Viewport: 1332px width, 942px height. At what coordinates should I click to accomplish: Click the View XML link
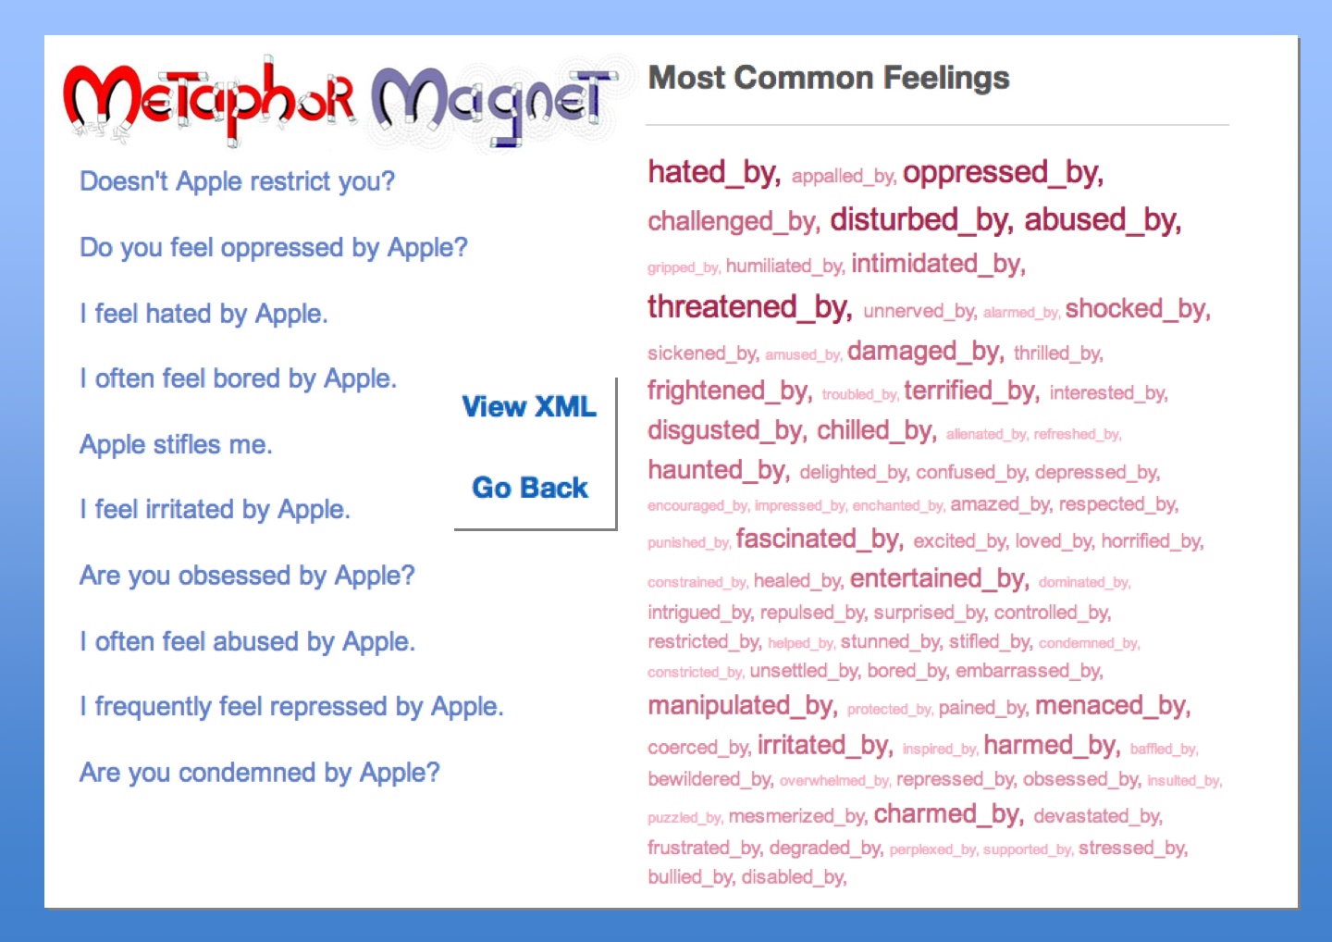click(x=529, y=407)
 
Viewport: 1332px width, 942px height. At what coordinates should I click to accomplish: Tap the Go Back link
click(x=530, y=487)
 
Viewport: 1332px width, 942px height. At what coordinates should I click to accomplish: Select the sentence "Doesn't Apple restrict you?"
click(x=237, y=181)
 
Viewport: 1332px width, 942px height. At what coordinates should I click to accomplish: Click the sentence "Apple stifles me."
click(x=176, y=444)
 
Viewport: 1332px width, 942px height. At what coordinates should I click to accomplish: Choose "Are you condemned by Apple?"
click(x=259, y=773)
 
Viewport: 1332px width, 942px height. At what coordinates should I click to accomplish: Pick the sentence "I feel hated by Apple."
click(x=203, y=314)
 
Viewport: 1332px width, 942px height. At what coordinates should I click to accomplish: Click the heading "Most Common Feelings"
click(x=829, y=78)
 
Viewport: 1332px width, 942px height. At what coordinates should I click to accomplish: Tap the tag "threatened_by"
click(x=750, y=307)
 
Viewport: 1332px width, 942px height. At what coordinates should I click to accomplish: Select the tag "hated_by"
click(x=714, y=172)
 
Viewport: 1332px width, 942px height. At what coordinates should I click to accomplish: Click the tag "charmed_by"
click(x=948, y=814)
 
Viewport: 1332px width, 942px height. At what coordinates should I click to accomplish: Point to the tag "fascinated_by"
click(x=820, y=539)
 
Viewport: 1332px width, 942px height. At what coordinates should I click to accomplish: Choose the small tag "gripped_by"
click(x=684, y=267)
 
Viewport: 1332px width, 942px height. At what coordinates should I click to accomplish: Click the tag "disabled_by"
click(x=794, y=877)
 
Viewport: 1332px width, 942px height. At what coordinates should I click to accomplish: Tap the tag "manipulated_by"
click(x=743, y=706)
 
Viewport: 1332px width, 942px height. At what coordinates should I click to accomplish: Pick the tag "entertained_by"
click(x=940, y=578)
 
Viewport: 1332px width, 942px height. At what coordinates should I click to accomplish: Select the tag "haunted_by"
click(x=719, y=470)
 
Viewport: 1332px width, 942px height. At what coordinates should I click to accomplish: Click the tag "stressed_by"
click(x=1133, y=848)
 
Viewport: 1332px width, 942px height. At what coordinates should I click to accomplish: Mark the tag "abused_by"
click(x=1103, y=220)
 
